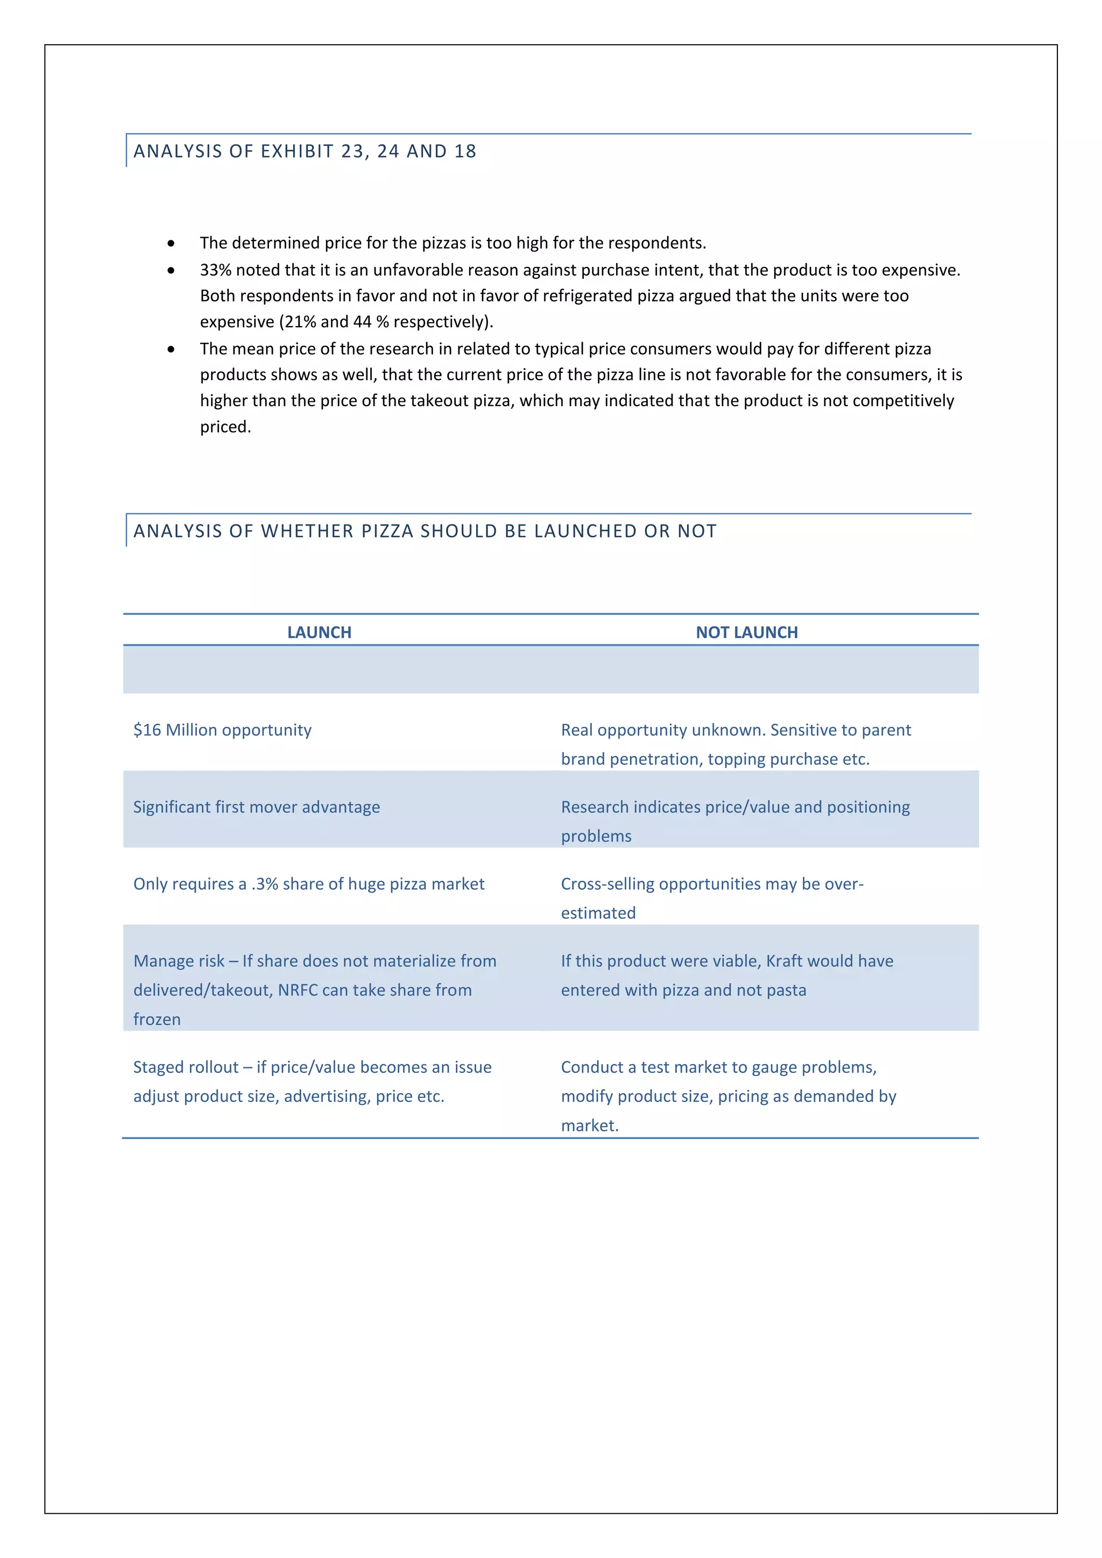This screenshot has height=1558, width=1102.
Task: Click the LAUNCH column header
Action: (319, 633)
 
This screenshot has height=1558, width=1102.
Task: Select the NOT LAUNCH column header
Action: (746, 633)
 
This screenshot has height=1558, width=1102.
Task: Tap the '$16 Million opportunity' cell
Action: (223, 730)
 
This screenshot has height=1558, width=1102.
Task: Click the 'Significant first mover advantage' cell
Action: (257, 807)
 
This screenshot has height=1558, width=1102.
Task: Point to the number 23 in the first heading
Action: (352, 151)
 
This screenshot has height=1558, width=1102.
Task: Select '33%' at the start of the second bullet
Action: (215, 270)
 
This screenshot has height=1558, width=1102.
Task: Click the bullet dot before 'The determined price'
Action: (171, 243)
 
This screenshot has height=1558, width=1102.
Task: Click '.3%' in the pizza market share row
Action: (265, 884)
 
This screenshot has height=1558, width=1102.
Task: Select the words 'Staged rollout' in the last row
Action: (185, 1067)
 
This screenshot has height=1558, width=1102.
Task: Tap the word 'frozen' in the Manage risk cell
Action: (157, 1019)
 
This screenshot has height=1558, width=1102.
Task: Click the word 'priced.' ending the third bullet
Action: (225, 427)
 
